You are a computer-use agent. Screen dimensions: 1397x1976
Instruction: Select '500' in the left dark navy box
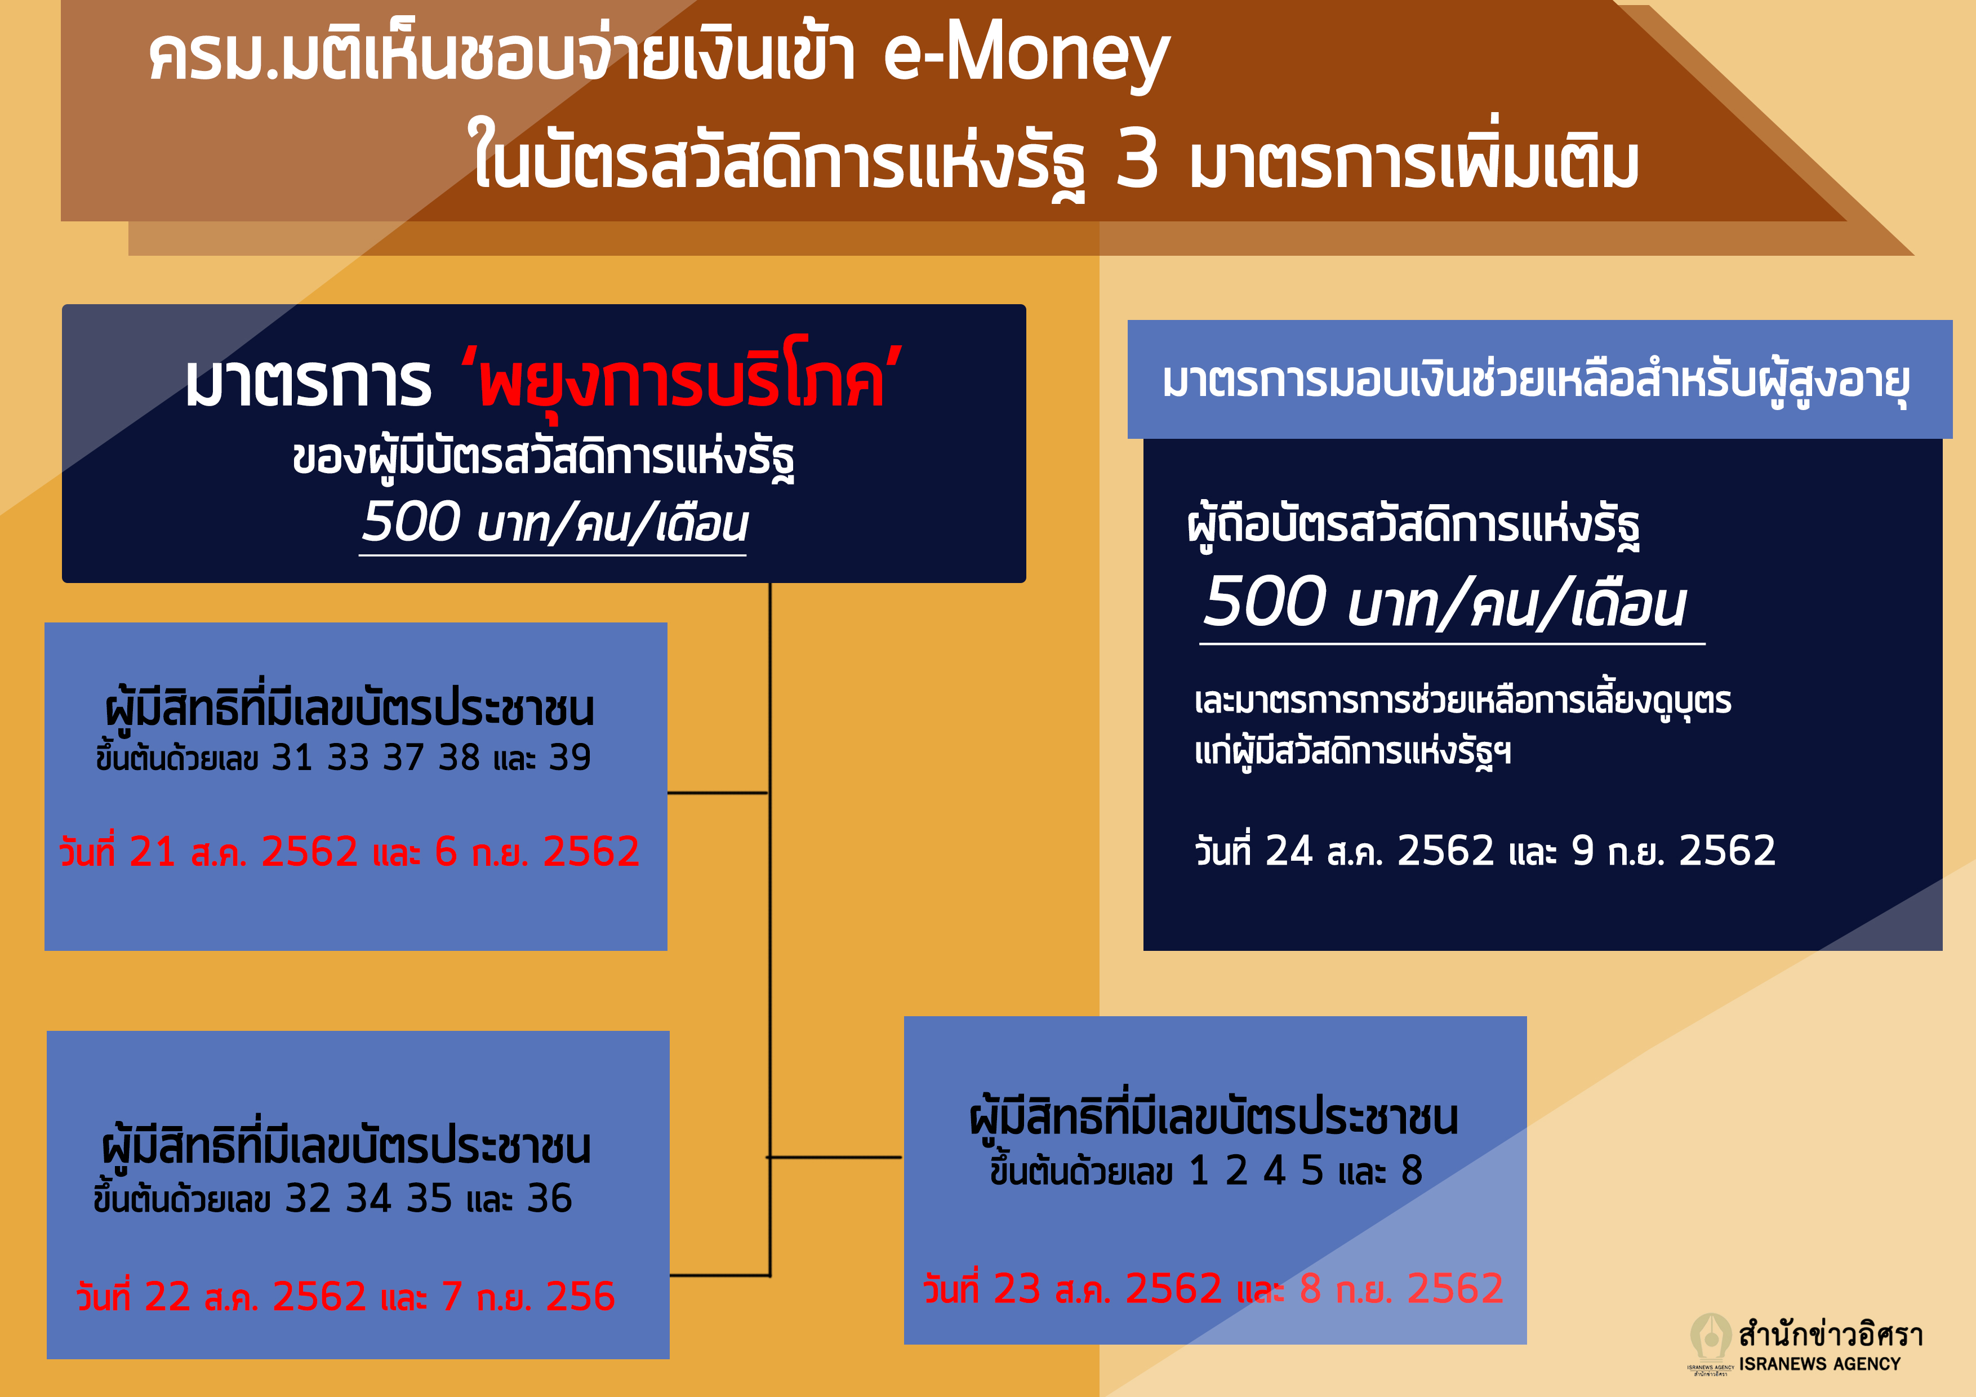pos(411,522)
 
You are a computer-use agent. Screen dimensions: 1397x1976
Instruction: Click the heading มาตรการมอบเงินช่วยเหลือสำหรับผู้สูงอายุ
pos(1536,381)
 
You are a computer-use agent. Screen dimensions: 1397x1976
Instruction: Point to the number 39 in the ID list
pos(569,758)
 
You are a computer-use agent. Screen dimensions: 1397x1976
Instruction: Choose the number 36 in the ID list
pos(549,1198)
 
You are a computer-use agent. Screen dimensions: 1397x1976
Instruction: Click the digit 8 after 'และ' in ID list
pos(1412,1171)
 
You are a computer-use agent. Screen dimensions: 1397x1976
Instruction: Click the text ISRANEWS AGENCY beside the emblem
pos(1819,1364)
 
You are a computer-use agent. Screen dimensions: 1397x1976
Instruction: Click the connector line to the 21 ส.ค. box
pos(717,793)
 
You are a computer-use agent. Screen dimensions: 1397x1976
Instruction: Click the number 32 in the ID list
pos(307,1198)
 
